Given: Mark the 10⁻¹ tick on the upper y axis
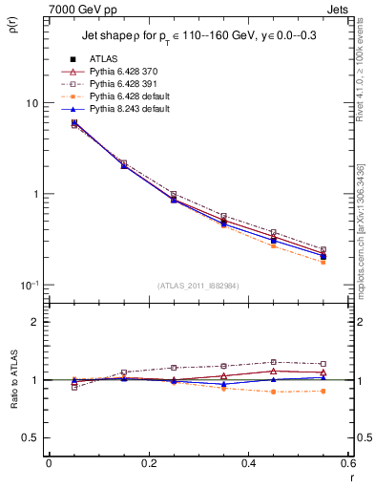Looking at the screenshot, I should (x=29, y=285).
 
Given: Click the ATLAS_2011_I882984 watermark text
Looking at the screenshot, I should (x=198, y=286).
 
